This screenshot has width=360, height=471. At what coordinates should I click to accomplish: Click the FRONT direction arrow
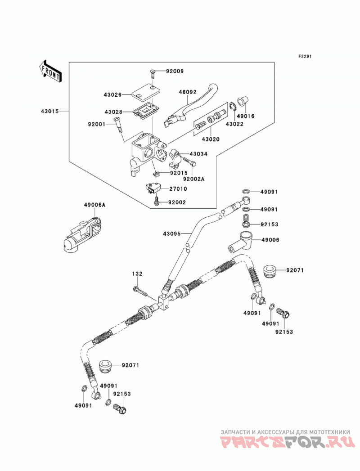(x=50, y=71)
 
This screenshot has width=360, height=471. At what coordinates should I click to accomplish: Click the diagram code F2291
(x=305, y=56)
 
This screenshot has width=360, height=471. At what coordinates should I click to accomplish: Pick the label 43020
(x=210, y=139)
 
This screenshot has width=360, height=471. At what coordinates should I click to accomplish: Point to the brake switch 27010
(x=154, y=188)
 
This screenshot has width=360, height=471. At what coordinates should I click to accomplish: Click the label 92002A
(x=194, y=179)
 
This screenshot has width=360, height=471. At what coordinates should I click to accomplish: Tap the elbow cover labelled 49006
(x=242, y=241)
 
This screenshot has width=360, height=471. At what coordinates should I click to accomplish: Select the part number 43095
(x=172, y=233)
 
